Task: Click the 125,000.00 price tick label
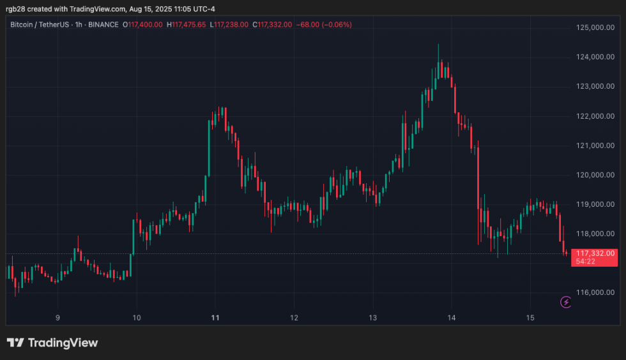[592, 27]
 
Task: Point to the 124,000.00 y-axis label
[592, 57]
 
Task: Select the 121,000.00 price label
[592, 146]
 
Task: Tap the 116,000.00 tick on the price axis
[592, 292]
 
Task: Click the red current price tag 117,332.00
[595, 253]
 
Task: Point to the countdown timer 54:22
[586, 262]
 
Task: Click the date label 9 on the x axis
[57, 317]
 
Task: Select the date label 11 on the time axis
[215, 317]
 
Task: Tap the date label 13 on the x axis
[373, 317]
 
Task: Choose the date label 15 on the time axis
[530, 317]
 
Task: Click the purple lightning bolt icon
[565, 302]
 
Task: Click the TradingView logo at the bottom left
[52, 343]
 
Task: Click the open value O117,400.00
[145, 25]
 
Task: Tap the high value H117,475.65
[187, 25]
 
